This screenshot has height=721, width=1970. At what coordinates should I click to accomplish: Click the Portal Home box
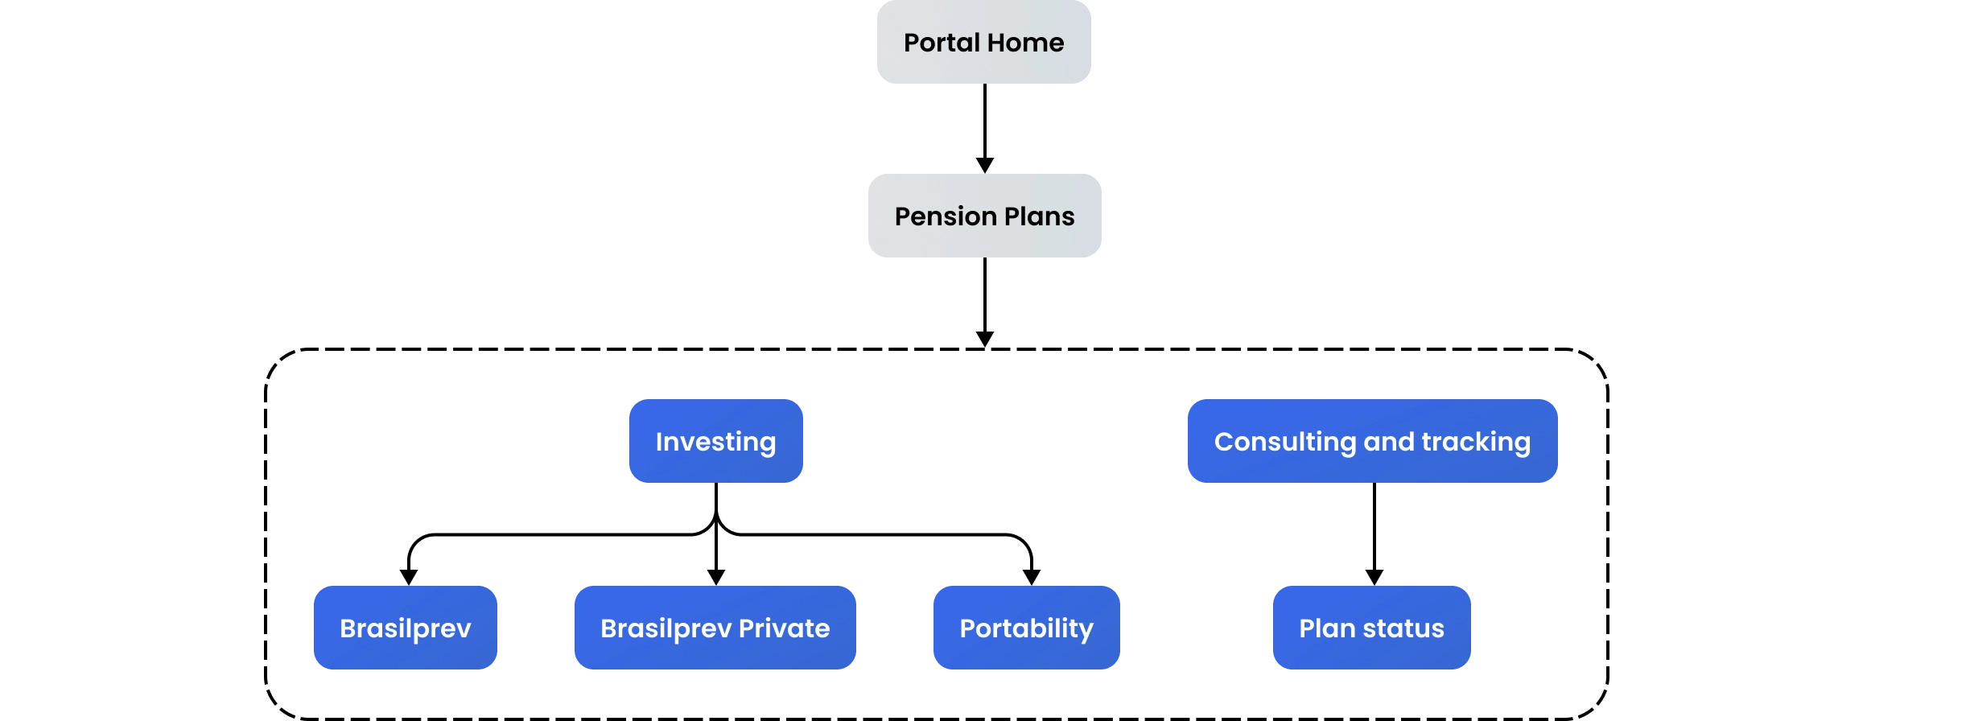coord(984,42)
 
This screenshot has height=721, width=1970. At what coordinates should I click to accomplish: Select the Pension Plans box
coord(984,216)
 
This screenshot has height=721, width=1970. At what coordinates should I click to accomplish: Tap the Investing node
coord(715,441)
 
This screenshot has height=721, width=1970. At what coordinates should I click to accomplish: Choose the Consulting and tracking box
coord(1372,441)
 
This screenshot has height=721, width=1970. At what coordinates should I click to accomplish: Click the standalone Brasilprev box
coord(405,628)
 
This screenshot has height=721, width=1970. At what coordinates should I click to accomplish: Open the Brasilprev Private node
coord(715,628)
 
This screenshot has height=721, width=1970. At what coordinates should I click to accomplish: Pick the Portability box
coord(1026,628)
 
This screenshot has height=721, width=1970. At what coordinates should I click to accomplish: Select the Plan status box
coord(1371,628)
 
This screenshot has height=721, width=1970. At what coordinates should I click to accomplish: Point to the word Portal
coord(942,42)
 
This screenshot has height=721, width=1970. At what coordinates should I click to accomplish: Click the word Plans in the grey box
coord(1039,216)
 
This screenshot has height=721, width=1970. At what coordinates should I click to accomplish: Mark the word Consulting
coord(1284,441)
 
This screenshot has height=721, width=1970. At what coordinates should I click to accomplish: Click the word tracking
coord(1476,441)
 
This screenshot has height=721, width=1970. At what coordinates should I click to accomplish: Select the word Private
coord(784,628)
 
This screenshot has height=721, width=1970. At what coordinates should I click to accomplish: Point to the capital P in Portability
coord(967,628)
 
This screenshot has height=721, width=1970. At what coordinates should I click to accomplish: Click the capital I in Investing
coord(659,441)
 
